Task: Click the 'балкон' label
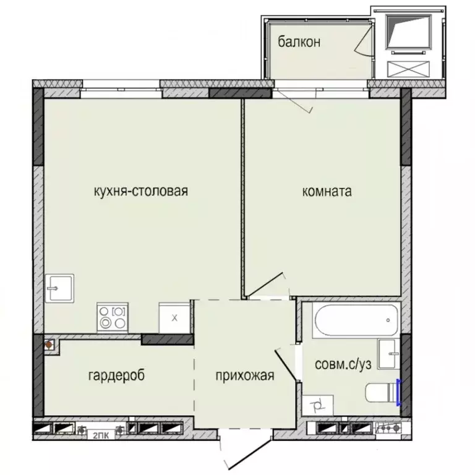(x=299, y=42)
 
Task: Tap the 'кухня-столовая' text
(x=140, y=191)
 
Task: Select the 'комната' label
(x=327, y=191)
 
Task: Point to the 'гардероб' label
(x=116, y=375)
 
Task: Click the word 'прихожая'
(x=244, y=375)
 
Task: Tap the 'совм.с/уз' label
(x=343, y=364)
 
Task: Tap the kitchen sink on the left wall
(x=59, y=288)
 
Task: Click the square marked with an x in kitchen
(x=174, y=317)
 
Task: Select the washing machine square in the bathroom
(x=320, y=406)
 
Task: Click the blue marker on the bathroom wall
(x=399, y=392)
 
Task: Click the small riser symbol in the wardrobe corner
(x=49, y=344)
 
